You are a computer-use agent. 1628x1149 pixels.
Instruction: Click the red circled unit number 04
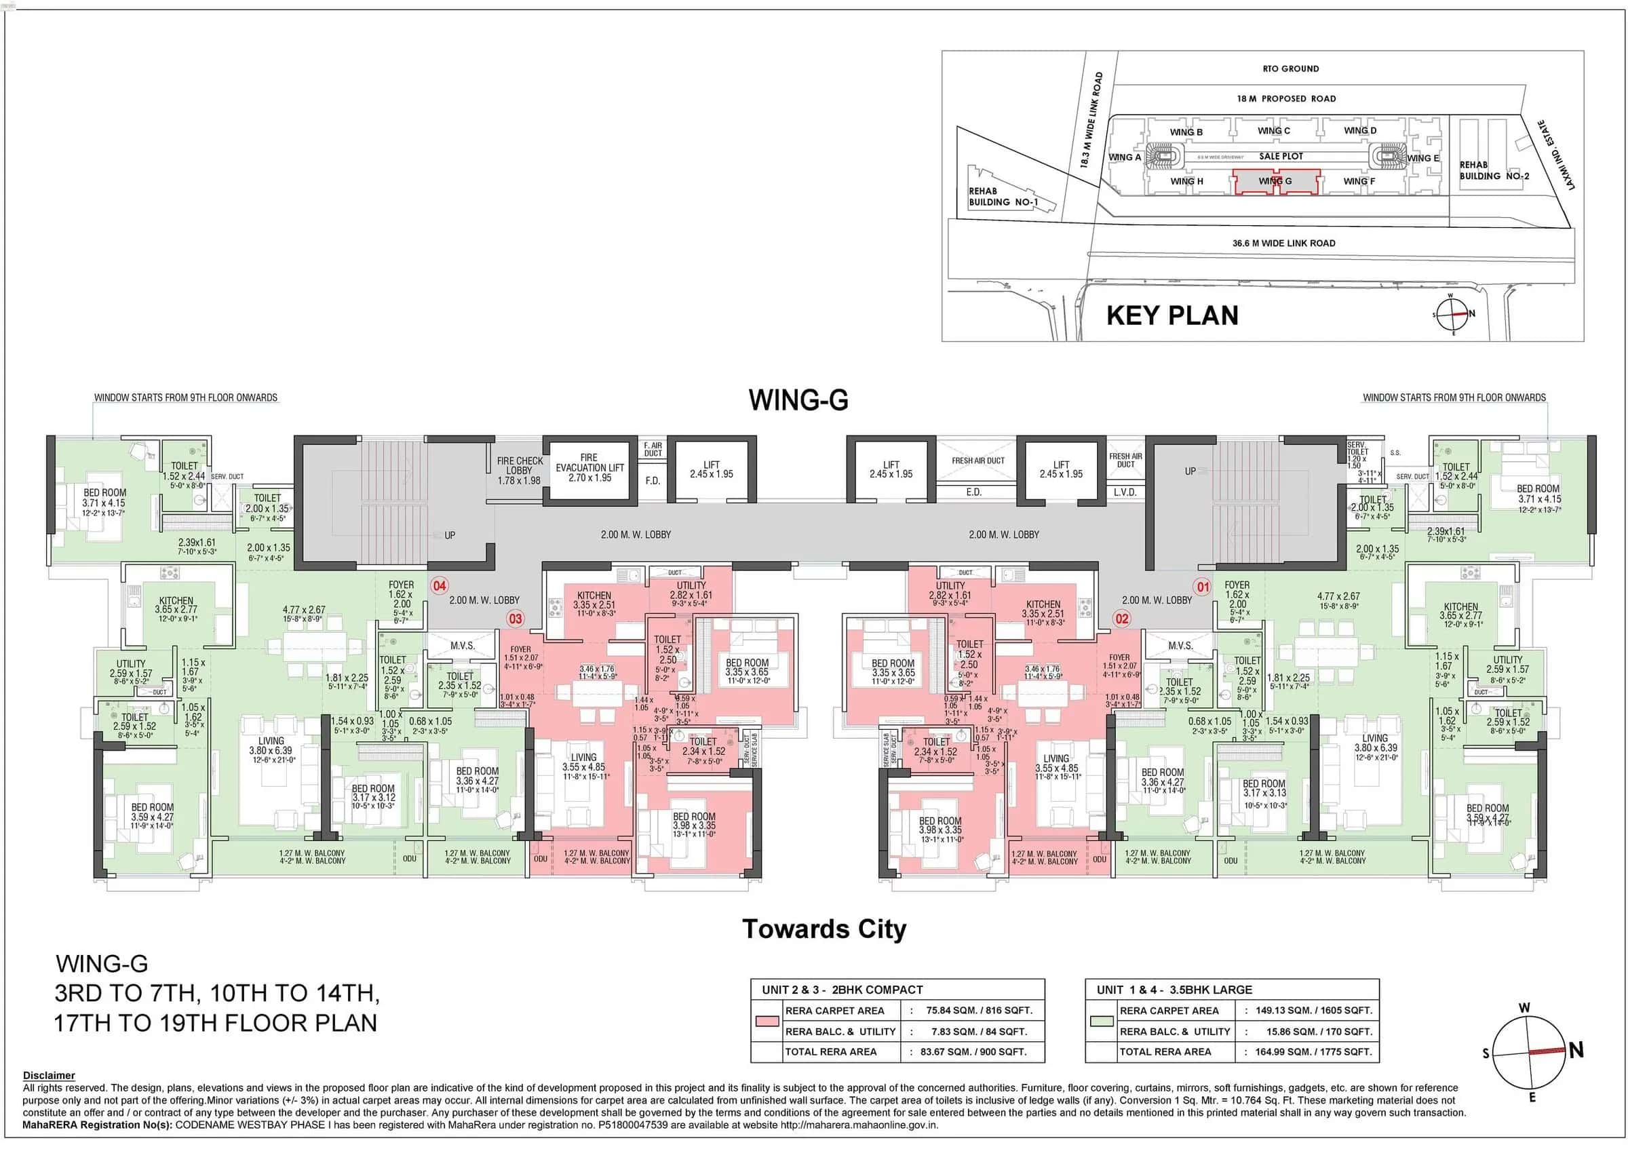[x=440, y=585]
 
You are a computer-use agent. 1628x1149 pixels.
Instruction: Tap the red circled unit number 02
[x=1122, y=618]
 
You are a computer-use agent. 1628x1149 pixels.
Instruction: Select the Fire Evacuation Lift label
[x=589, y=468]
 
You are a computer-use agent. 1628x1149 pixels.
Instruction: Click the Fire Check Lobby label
[x=519, y=470]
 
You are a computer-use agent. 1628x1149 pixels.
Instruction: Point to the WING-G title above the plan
[x=798, y=400]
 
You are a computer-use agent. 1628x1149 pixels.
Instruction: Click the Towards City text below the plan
[x=824, y=929]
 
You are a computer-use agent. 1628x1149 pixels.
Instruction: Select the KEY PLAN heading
[x=1172, y=315]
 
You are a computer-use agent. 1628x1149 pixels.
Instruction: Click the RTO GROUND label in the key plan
[x=1290, y=69]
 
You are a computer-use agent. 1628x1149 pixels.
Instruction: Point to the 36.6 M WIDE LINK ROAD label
[x=1283, y=243]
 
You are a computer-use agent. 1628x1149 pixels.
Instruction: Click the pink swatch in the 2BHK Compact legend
[x=767, y=1021]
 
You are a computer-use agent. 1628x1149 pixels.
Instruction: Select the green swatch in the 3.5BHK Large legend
[x=1102, y=1021]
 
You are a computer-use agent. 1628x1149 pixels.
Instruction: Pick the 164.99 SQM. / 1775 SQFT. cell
[x=1313, y=1052]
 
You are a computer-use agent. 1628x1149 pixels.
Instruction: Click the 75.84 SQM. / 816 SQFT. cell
[x=979, y=1011]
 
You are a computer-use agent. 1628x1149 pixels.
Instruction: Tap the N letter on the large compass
[x=1576, y=1051]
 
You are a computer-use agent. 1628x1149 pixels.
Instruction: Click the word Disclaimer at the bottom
[x=48, y=1075]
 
